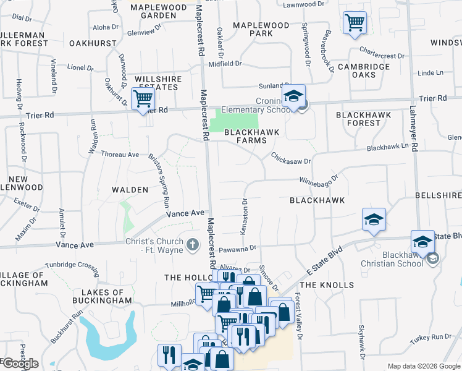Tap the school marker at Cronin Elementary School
pyautogui.click(x=294, y=96)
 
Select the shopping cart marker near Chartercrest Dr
pyautogui.click(x=355, y=23)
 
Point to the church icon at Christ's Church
pyautogui.click(x=193, y=245)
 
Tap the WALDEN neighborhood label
pyautogui.click(x=130, y=190)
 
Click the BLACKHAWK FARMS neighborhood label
pyautogui.click(x=251, y=136)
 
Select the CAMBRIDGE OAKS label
pyautogui.click(x=363, y=70)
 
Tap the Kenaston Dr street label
pyautogui.click(x=244, y=216)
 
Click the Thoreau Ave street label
pyautogui.click(x=120, y=154)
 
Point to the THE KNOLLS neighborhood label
pyautogui.click(x=327, y=285)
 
